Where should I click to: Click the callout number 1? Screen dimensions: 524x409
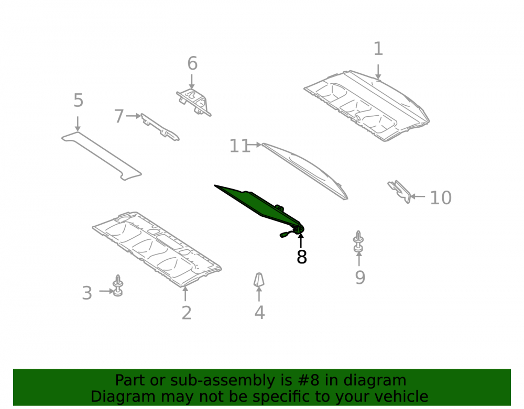pos(378,49)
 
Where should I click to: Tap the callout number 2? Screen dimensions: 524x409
pos(187,313)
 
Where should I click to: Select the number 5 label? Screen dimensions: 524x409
pos(78,100)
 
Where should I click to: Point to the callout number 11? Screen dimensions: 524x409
pos(239,146)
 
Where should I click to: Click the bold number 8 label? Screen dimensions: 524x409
pos(302,257)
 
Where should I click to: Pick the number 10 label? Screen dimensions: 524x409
pos(441,197)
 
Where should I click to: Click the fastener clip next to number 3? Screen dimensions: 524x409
pos(117,286)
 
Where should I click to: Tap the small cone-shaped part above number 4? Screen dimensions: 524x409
pos(259,280)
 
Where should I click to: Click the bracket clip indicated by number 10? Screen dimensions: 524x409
pos(400,191)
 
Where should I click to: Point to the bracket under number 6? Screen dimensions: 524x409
pos(194,102)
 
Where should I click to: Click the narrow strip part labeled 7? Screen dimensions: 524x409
pos(160,127)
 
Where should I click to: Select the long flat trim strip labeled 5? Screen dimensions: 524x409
pos(101,155)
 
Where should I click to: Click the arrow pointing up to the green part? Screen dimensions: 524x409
pos(301,241)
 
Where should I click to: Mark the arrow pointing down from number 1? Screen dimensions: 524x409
pos(378,72)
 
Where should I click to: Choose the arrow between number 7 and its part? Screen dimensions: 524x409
pos(134,116)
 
